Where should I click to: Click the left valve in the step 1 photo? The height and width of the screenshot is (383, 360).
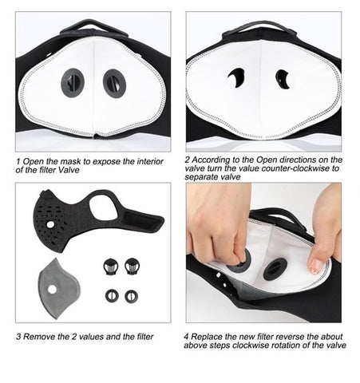pos(73,83)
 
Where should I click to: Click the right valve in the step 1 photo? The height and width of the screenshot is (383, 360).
pos(114,83)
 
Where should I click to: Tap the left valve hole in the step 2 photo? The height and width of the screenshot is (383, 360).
pos(236,77)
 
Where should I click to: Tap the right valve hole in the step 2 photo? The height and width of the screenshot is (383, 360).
pos(283,79)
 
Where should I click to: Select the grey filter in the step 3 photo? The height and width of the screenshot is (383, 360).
pos(59,289)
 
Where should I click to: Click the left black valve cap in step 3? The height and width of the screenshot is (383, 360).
pos(111,267)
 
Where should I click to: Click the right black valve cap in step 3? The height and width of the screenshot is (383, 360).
pos(133,267)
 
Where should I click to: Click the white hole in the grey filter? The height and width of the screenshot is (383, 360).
pos(52,290)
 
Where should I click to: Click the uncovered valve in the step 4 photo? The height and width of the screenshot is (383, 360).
pos(275,269)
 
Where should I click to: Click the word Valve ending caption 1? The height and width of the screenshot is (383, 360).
pos(69,170)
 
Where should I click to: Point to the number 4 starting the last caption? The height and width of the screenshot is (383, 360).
pos(186,337)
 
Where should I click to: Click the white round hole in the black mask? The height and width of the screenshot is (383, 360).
pos(50,225)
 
